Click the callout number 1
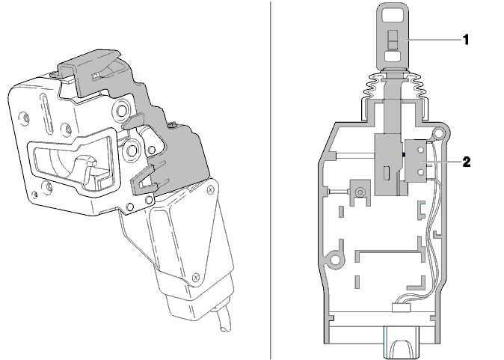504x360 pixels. [x=466, y=40]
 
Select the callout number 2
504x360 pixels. [x=467, y=162]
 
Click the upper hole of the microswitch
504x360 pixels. [x=420, y=150]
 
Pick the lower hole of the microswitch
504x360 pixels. [x=420, y=172]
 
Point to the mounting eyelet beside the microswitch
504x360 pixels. [x=437, y=132]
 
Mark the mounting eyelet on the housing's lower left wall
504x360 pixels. [x=335, y=259]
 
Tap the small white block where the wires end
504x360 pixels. [x=401, y=308]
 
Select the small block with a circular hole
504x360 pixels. [x=360, y=192]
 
